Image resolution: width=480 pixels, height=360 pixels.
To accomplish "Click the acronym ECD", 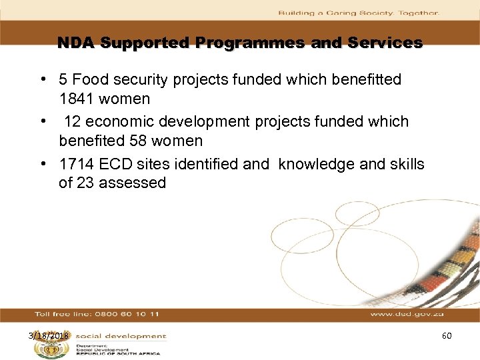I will [116, 164].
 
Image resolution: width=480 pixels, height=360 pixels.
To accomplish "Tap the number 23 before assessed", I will [85, 183].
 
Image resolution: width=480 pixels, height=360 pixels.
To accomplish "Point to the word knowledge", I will [317, 164].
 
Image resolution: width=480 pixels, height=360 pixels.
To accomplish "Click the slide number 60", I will [447, 336].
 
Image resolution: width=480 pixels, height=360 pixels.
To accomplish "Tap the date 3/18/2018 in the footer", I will [48, 336].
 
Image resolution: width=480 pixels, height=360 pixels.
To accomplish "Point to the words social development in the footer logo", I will [120, 337].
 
